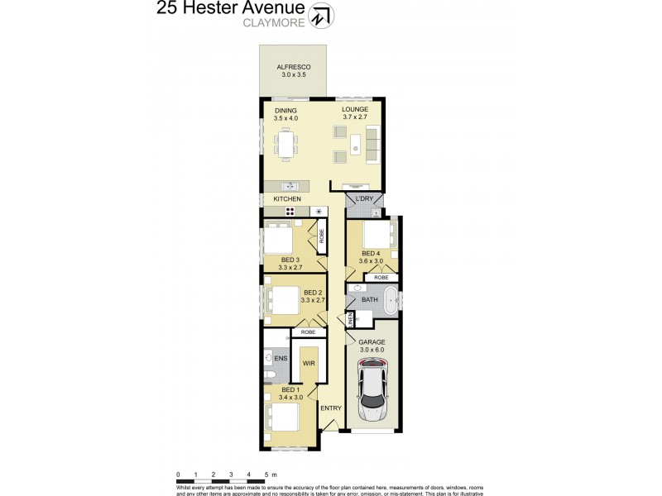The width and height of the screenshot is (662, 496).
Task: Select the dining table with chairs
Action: tap(286, 147)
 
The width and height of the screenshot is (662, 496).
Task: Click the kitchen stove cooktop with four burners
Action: tap(290, 212)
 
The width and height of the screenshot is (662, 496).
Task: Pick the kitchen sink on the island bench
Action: tap(290, 186)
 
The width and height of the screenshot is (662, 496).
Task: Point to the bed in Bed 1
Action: tap(283, 414)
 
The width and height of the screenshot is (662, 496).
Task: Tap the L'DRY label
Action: tap(364, 200)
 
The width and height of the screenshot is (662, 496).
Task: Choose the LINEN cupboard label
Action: tap(351, 317)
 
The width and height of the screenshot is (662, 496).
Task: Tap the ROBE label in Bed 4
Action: tap(381, 278)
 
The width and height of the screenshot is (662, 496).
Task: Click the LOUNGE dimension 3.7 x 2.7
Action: tap(355, 117)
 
